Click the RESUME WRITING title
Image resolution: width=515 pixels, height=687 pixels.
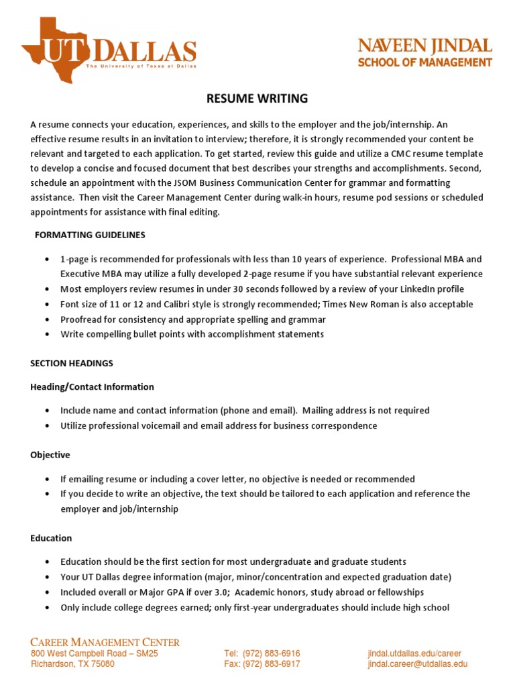tap(257, 99)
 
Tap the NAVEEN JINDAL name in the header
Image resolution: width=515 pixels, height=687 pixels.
tap(424, 46)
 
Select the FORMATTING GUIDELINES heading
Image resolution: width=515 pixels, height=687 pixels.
tap(90, 235)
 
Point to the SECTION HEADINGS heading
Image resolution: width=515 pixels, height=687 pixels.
tap(72, 364)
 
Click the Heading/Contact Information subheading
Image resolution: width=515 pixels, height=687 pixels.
tap(92, 387)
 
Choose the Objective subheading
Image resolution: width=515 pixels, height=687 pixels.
tap(50, 455)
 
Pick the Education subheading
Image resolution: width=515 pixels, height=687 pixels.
tap(51, 538)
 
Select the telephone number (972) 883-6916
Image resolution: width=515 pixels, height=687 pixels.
tap(272, 653)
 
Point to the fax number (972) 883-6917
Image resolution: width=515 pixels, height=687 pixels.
tap(272, 664)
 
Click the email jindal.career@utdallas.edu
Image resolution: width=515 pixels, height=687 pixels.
tap(417, 664)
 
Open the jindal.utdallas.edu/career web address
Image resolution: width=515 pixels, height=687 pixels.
tap(414, 653)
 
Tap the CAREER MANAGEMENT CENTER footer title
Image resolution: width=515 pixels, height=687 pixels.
tap(105, 643)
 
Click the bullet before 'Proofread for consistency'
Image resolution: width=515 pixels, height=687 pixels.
tap(46, 320)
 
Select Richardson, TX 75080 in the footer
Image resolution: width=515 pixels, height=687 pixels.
tap(72, 664)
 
